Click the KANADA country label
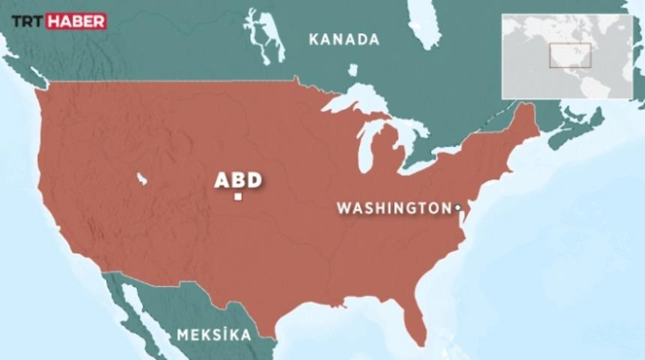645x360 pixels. coord(344,40)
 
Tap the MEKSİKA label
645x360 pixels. coord(214,335)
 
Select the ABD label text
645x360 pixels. coord(238,180)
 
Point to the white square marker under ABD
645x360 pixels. coord(238,197)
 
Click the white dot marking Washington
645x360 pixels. coord(457,206)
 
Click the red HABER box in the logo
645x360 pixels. coord(76,21)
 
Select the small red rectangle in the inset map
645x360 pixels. coord(570,55)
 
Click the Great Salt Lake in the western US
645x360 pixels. coord(141,178)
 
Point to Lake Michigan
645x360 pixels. coord(365,146)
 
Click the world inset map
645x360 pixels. coord(567,56)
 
